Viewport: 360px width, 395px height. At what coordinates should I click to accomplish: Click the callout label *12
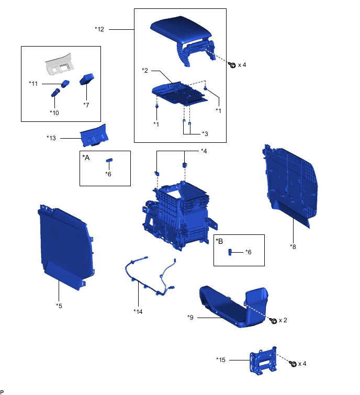tap(99, 29)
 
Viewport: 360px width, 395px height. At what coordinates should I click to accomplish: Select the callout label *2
tap(145, 70)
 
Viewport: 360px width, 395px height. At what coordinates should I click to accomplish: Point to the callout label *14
tap(138, 311)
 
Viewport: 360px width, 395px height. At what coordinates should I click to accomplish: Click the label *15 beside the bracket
tap(221, 359)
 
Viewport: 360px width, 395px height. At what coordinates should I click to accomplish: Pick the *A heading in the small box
tap(86, 157)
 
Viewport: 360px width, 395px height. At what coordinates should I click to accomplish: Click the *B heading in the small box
tap(219, 241)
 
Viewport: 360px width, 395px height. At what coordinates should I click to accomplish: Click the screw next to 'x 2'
tap(273, 320)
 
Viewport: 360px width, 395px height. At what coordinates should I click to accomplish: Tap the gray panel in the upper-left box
tap(61, 65)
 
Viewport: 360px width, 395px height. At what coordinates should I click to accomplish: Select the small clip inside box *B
tap(230, 252)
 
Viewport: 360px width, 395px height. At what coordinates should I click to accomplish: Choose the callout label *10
tap(54, 112)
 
